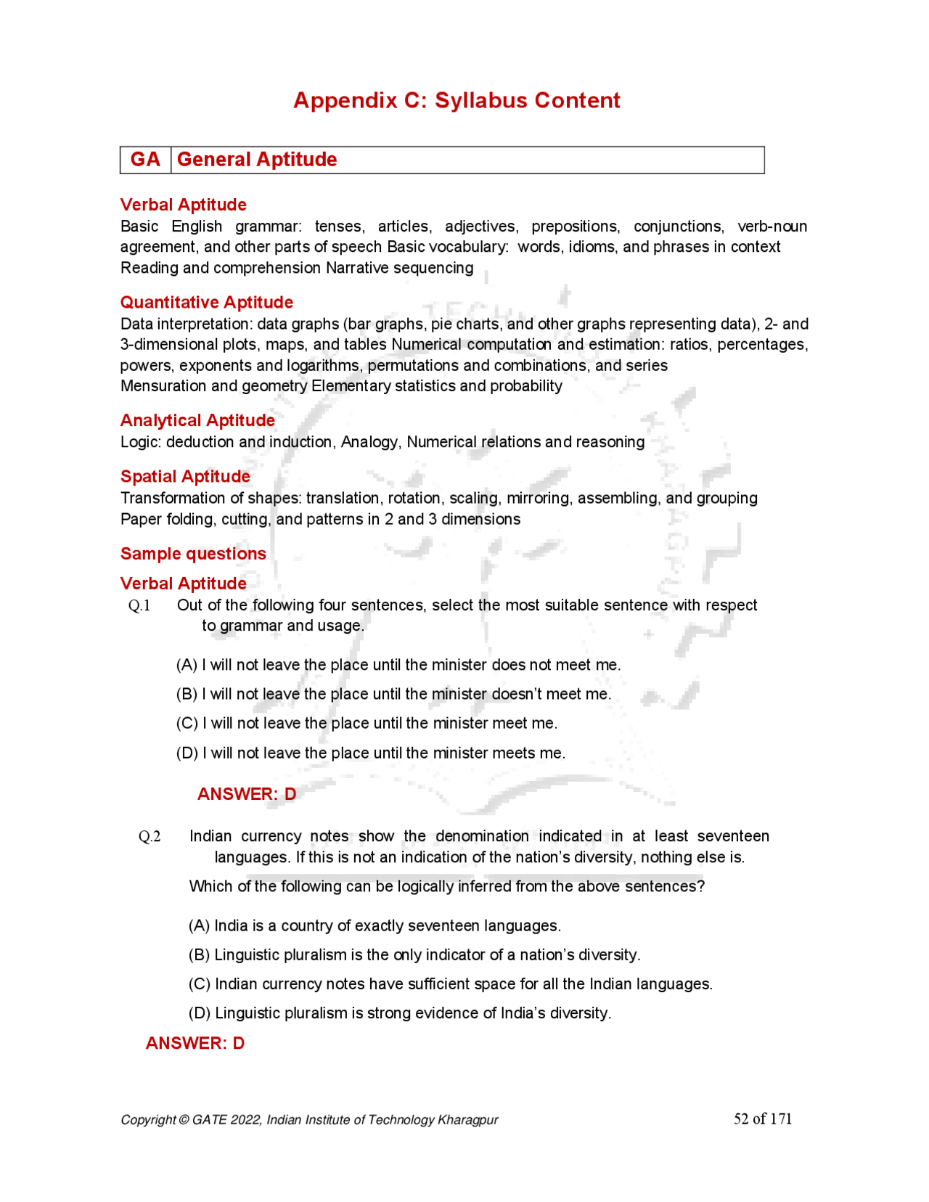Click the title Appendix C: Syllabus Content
(457, 100)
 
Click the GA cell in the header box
(145, 160)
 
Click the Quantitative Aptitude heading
(207, 303)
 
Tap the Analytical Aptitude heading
(197, 421)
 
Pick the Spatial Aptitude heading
(185, 477)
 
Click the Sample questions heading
(193, 554)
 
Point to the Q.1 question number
(139, 606)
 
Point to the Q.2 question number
(150, 837)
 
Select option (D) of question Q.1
(370, 753)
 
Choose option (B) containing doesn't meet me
(393, 695)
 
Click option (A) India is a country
(375, 926)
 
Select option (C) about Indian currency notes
(450, 984)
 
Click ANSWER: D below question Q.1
(247, 794)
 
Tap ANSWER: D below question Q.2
(195, 1044)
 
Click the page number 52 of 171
(762, 1119)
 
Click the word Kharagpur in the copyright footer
(467, 1120)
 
